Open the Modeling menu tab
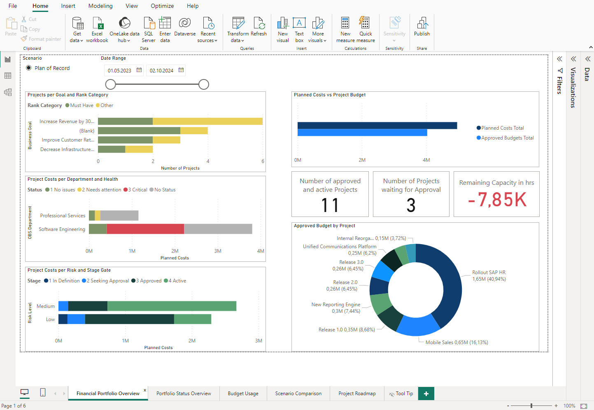(100, 6)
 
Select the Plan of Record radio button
(29, 68)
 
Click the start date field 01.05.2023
(119, 70)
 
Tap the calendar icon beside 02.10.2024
(181, 70)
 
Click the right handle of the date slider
(204, 84)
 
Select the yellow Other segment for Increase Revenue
(207, 121)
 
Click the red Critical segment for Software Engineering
(145, 229)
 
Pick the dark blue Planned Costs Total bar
(377, 126)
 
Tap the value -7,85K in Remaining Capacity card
(497, 200)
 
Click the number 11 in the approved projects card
(330, 205)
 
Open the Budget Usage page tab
(243, 394)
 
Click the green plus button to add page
(426, 394)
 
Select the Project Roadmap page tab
(357, 394)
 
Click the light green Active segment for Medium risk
(172, 306)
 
